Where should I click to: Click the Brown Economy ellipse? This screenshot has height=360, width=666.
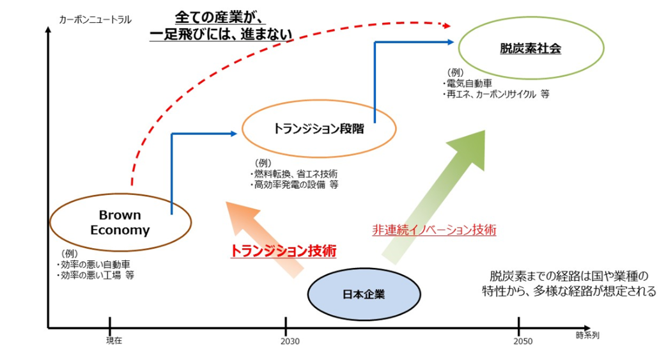point(120,222)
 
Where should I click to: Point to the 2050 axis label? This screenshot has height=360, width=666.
point(522,341)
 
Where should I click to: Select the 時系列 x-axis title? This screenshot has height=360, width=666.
point(587,334)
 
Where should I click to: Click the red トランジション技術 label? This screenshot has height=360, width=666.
point(283,251)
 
